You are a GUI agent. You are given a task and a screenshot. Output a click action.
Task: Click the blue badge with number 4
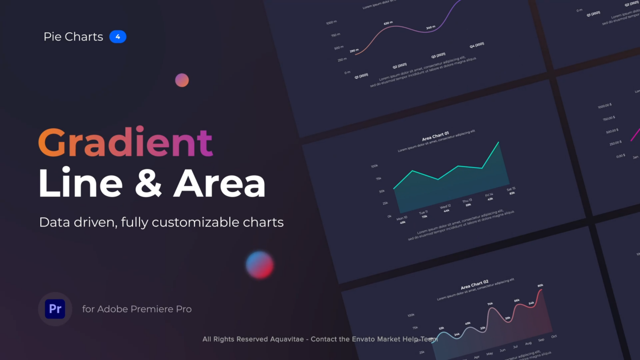[118, 37]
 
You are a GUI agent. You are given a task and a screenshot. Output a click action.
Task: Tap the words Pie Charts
[73, 37]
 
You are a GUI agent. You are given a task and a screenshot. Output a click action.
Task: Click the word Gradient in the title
[126, 142]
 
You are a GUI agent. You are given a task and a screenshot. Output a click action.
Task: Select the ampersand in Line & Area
[148, 184]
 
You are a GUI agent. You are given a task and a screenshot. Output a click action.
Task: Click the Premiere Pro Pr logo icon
[55, 309]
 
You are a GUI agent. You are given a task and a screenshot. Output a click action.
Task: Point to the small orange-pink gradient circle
[182, 80]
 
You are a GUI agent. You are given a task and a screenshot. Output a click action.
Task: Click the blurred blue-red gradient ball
[260, 264]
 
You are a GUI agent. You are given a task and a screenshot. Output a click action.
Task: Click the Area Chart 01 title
[435, 135]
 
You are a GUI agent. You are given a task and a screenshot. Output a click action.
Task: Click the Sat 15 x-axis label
[511, 189]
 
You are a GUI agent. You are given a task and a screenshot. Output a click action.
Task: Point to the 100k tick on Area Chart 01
[374, 166]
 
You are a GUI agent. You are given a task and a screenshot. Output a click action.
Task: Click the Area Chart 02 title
[474, 286]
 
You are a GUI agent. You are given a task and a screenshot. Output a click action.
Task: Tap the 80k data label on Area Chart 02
[540, 286]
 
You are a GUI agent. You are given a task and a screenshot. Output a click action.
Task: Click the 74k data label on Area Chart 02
[490, 303]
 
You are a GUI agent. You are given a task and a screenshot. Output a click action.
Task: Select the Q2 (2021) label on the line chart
[399, 65]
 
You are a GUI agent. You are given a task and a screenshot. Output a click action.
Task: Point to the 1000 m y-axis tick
[331, 23]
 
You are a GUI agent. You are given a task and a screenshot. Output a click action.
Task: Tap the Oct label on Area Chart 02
[554, 336]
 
